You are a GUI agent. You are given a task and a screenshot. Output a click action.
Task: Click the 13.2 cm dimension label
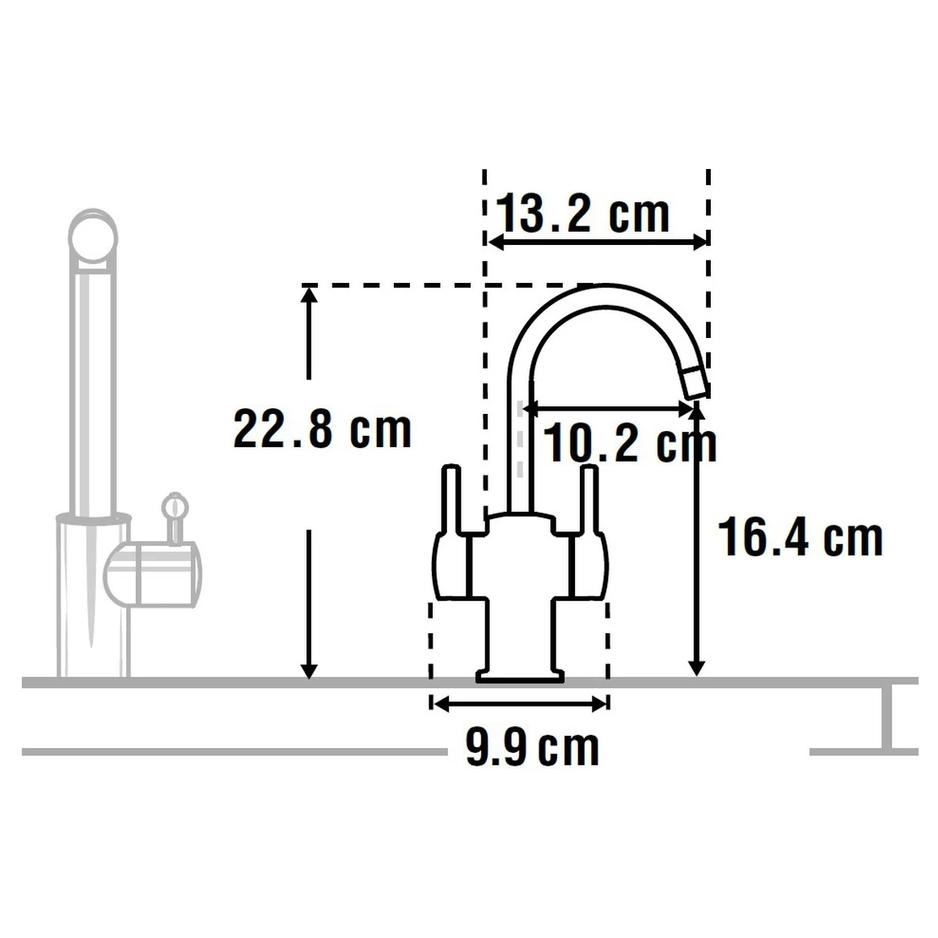(x=582, y=214)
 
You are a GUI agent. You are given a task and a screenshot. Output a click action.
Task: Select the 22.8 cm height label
(x=322, y=429)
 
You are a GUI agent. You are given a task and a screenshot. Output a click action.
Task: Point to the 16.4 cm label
(x=801, y=538)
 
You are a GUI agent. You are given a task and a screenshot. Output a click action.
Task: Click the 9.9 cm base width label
(x=532, y=748)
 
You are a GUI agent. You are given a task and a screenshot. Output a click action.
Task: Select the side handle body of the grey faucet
(x=154, y=573)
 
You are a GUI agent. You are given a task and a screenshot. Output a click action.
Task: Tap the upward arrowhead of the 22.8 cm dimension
(x=308, y=294)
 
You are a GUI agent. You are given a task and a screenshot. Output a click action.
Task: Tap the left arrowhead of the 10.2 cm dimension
(x=530, y=408)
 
